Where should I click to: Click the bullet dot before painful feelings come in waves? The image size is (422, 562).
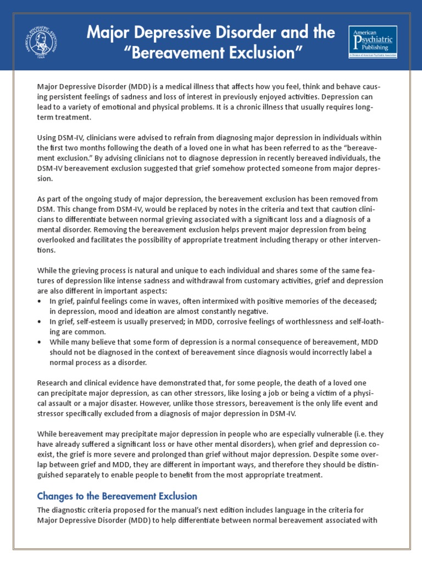click(x=40, y=301)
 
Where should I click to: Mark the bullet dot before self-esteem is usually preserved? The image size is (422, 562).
click(x=40, y=322)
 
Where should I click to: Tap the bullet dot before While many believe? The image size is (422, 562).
click(x=40, y=342)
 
